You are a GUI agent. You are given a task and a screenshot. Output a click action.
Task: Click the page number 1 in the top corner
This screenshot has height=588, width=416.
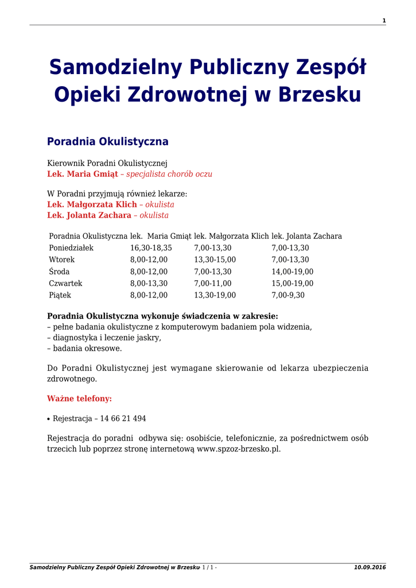(384, 21)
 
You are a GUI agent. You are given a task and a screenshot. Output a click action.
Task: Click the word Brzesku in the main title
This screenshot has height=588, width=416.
(320, 95)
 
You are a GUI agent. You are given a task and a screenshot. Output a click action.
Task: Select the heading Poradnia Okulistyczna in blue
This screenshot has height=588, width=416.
(107, 141)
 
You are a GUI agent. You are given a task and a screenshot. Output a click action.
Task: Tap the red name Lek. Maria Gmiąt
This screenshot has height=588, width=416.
(82, 174)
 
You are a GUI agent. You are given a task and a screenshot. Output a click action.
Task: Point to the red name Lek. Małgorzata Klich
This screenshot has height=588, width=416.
(92, 204)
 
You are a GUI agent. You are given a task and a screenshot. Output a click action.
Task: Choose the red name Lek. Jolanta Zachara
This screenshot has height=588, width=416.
(89, 215)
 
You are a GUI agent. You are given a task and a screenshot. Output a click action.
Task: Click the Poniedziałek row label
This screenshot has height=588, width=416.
(71, 248)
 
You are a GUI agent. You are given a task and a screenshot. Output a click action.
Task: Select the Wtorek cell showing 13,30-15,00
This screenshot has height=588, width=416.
(215, 260)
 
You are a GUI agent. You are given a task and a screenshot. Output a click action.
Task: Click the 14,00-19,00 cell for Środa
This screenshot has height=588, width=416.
(292, 272)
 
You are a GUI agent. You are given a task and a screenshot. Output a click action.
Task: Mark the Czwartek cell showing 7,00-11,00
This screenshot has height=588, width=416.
(213, 284)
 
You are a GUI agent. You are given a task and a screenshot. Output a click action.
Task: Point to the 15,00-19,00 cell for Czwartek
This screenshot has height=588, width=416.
(292, 284)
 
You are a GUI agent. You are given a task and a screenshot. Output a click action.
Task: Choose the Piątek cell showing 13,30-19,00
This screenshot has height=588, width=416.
(215, 295)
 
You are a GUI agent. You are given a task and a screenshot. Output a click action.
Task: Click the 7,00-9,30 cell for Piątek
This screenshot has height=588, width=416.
(288, 295)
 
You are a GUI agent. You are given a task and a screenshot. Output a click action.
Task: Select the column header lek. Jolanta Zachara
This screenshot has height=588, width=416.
(306, 236)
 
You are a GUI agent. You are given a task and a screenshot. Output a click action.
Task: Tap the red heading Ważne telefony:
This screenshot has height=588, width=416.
(79, 398)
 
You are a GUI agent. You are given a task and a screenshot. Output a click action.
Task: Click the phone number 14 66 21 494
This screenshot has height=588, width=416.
(123, 419)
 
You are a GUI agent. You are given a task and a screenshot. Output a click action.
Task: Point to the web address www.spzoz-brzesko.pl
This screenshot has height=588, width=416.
(239, 449)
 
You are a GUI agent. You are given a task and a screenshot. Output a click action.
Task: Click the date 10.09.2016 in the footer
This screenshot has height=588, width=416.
(370, 567)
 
